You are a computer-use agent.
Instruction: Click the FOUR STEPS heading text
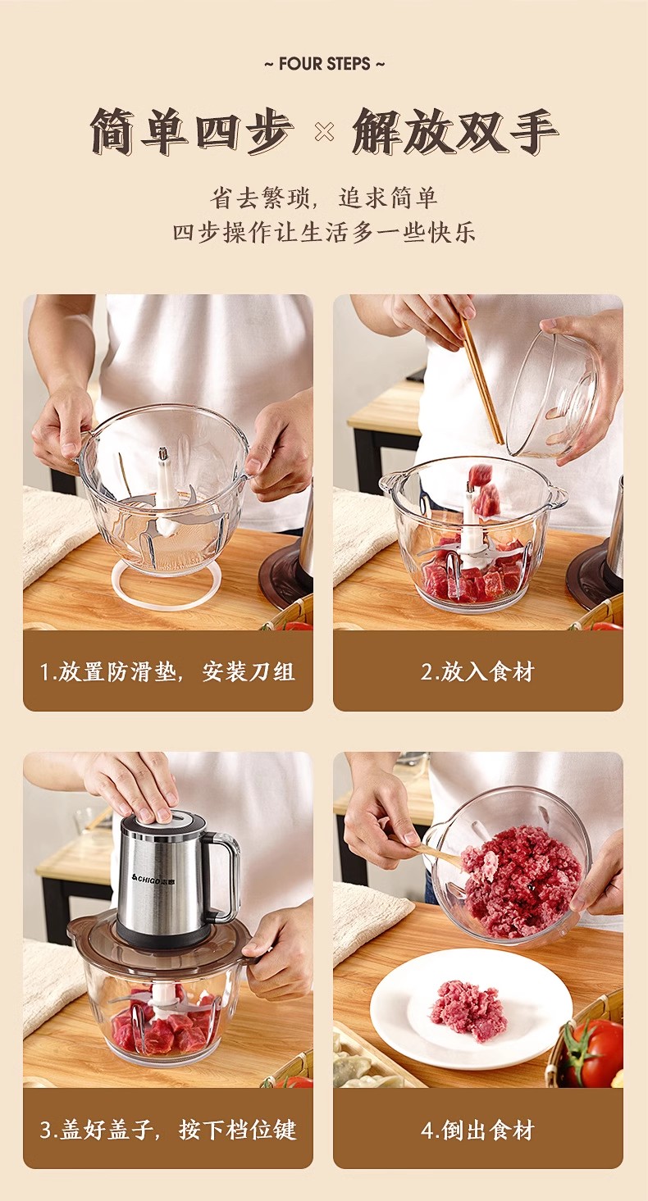point(325,64)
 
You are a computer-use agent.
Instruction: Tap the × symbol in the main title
point(324,132)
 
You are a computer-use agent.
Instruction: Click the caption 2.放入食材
point(477,671)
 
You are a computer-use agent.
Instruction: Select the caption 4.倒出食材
point(477,1130)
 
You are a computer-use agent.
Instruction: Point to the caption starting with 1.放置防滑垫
point(167,671)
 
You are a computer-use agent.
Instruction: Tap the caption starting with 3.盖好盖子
point(167,1130)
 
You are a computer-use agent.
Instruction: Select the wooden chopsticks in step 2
point(481,379)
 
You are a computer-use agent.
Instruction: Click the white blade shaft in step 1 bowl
point(162,485)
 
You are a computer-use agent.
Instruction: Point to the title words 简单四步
point(191,132)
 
